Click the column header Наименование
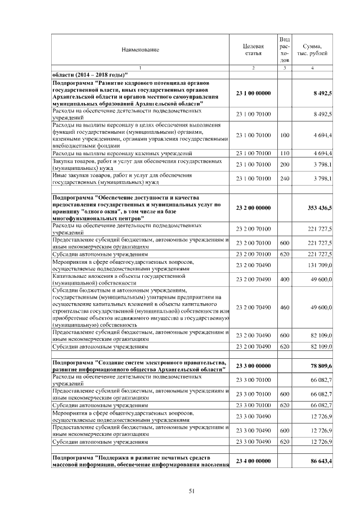[x=140, y=49]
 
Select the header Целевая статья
[x=253, y=49]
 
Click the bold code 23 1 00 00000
[x=253, y=93]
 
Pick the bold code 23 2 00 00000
[x=253, y=208]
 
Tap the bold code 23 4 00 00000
[x=253, y=461]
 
